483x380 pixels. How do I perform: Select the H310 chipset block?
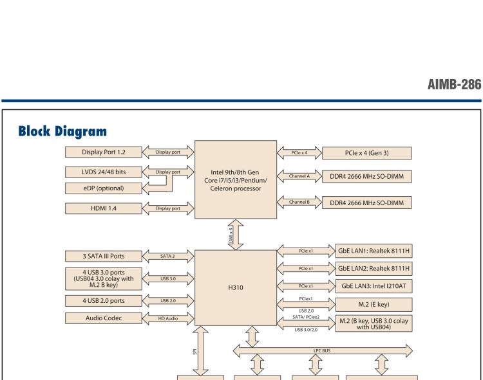point(235,288)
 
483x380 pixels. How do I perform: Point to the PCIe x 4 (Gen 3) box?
point(375,152)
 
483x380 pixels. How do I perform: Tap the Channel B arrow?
point(302,202)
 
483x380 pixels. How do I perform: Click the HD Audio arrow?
point(167,317)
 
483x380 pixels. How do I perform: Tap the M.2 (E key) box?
point(375,303)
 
